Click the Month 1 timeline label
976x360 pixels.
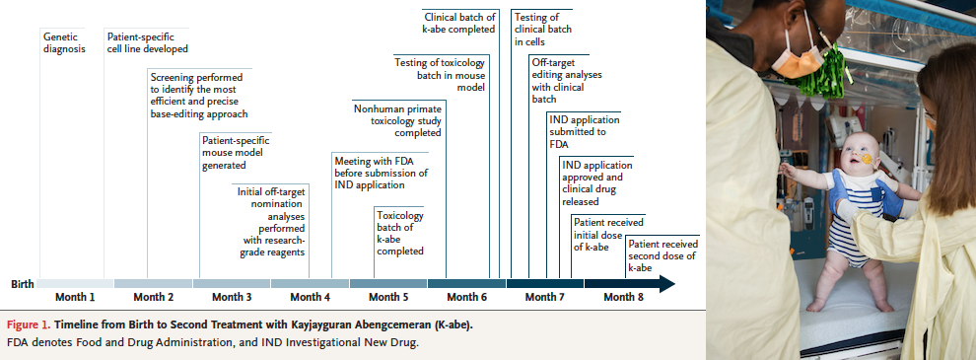75,297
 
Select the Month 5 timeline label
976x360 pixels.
388,297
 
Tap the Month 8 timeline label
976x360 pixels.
624,297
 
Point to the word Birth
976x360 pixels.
23,285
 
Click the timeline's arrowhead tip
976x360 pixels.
674,284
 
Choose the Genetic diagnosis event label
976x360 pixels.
64,42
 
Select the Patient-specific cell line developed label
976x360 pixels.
148,42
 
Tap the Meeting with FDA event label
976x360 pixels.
381,173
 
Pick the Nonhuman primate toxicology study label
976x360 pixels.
397,120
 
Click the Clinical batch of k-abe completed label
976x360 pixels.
459,23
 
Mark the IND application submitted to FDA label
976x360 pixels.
585,132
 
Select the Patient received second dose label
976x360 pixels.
662,256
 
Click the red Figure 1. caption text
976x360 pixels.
29,325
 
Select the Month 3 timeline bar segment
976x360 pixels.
232,283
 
